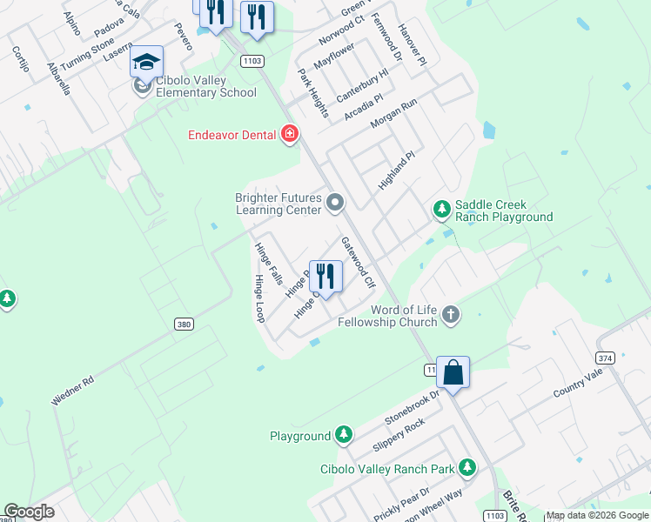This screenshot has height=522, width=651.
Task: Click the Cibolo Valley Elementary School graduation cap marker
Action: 147,63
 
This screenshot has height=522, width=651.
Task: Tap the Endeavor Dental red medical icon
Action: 290,134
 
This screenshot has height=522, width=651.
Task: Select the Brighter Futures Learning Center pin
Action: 336,204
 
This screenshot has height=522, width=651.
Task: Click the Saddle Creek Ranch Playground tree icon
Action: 442,209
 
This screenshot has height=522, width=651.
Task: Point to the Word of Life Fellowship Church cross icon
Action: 450,313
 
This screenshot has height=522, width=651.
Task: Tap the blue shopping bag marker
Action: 453,372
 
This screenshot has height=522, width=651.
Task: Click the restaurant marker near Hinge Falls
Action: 325,277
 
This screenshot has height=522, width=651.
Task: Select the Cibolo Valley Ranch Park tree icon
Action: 467,468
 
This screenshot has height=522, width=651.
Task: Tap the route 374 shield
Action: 606,358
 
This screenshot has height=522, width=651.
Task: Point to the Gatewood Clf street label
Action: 358,263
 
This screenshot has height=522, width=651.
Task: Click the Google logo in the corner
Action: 29,512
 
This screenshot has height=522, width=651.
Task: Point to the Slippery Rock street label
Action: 399,435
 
